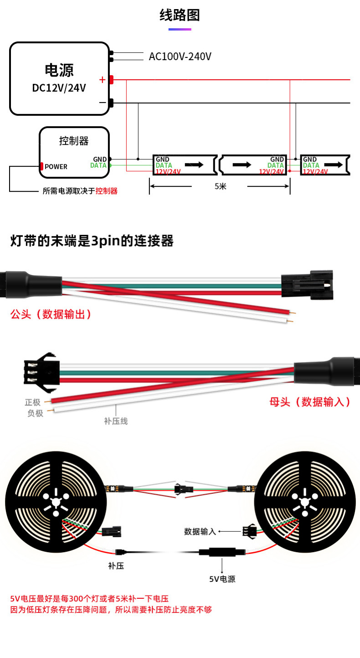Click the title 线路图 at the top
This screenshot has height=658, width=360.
(180, 15)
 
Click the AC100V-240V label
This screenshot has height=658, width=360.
(180, 57)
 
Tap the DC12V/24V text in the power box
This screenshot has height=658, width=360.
(59, 88)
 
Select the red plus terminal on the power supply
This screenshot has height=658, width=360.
(111, 80)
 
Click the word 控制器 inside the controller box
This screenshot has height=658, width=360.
(74, 140)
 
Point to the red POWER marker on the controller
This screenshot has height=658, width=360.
(42, 166)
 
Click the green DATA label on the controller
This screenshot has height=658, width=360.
(98, 165)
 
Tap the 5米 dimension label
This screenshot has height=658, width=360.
(220, 186)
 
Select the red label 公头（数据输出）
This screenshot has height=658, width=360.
(51, 314)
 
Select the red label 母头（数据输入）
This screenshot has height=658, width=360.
(310, 402)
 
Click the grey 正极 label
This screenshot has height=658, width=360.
(33, 402)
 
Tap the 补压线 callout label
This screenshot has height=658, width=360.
(116, 421)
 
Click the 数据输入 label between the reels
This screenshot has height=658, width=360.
(200, 531)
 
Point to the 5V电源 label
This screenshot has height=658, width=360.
(222, 579)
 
